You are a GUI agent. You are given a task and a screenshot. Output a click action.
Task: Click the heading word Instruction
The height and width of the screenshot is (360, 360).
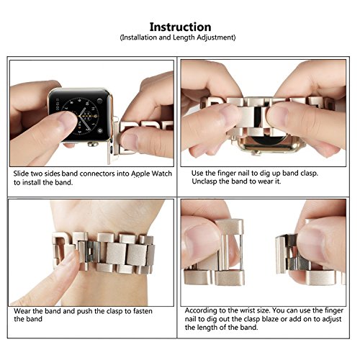point(180,27)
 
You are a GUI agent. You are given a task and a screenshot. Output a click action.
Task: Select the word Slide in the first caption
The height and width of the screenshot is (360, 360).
point(21,174)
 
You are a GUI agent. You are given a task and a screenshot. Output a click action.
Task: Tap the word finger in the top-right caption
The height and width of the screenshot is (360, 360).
point(227,173)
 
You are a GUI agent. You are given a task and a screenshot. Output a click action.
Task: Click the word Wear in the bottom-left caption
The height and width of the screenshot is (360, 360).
point(22,311)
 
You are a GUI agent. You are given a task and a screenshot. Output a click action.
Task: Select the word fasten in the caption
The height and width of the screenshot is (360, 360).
point(143,311)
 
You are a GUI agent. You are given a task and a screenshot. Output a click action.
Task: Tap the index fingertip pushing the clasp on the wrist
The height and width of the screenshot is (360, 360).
point(72,258)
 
